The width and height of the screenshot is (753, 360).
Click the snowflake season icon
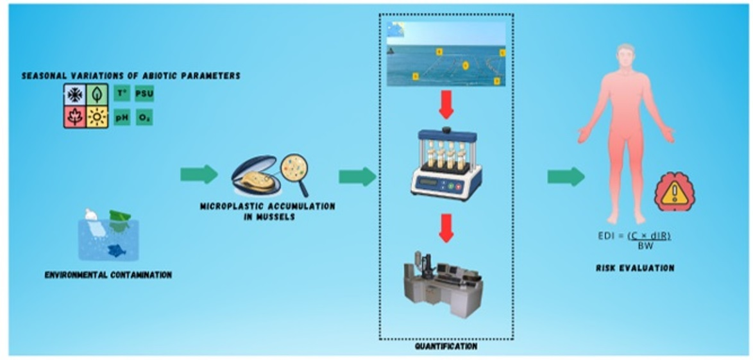[x=76, y=95]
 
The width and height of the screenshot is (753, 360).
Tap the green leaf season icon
[x=97, y=95]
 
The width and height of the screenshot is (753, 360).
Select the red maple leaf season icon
[x=76, y=117]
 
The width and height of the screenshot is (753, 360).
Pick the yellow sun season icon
[x=97, y=117]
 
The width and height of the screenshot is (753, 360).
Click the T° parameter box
[x=122, y=93]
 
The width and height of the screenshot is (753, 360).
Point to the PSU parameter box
[x=144, y=93]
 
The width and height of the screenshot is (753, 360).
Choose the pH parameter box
[x=122, y=117]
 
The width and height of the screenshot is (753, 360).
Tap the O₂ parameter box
[x=144, y=117]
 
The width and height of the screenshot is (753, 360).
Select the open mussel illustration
[x=255, y=175]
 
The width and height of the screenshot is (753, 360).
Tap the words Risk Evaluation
[x=634, y=268]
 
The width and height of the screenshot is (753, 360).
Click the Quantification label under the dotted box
[x=446, y=346]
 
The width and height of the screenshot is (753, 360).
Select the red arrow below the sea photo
[x=446, y=106]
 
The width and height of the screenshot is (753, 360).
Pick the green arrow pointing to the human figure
[x=566, y=176]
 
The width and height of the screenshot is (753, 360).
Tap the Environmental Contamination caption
[x=108, y=275]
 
